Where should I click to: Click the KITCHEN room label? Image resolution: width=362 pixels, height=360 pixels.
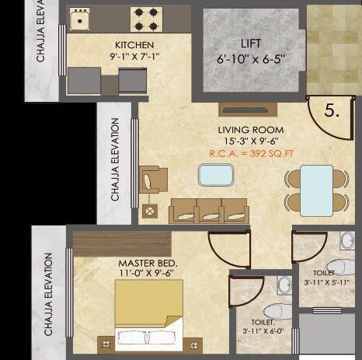point(134,45)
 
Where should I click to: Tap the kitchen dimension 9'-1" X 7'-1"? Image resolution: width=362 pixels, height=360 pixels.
point(134,56)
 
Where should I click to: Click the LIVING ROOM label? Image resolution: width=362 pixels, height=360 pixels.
point(250,129)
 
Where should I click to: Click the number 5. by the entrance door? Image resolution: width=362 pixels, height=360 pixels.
point(332,111)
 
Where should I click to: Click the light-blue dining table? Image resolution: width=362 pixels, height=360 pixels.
point(316,189)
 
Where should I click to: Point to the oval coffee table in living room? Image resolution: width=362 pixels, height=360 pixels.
point(216,176)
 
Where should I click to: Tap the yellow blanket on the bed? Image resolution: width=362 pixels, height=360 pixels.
point(149,304)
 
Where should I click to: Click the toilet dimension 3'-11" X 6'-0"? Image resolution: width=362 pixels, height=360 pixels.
point(262,325)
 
